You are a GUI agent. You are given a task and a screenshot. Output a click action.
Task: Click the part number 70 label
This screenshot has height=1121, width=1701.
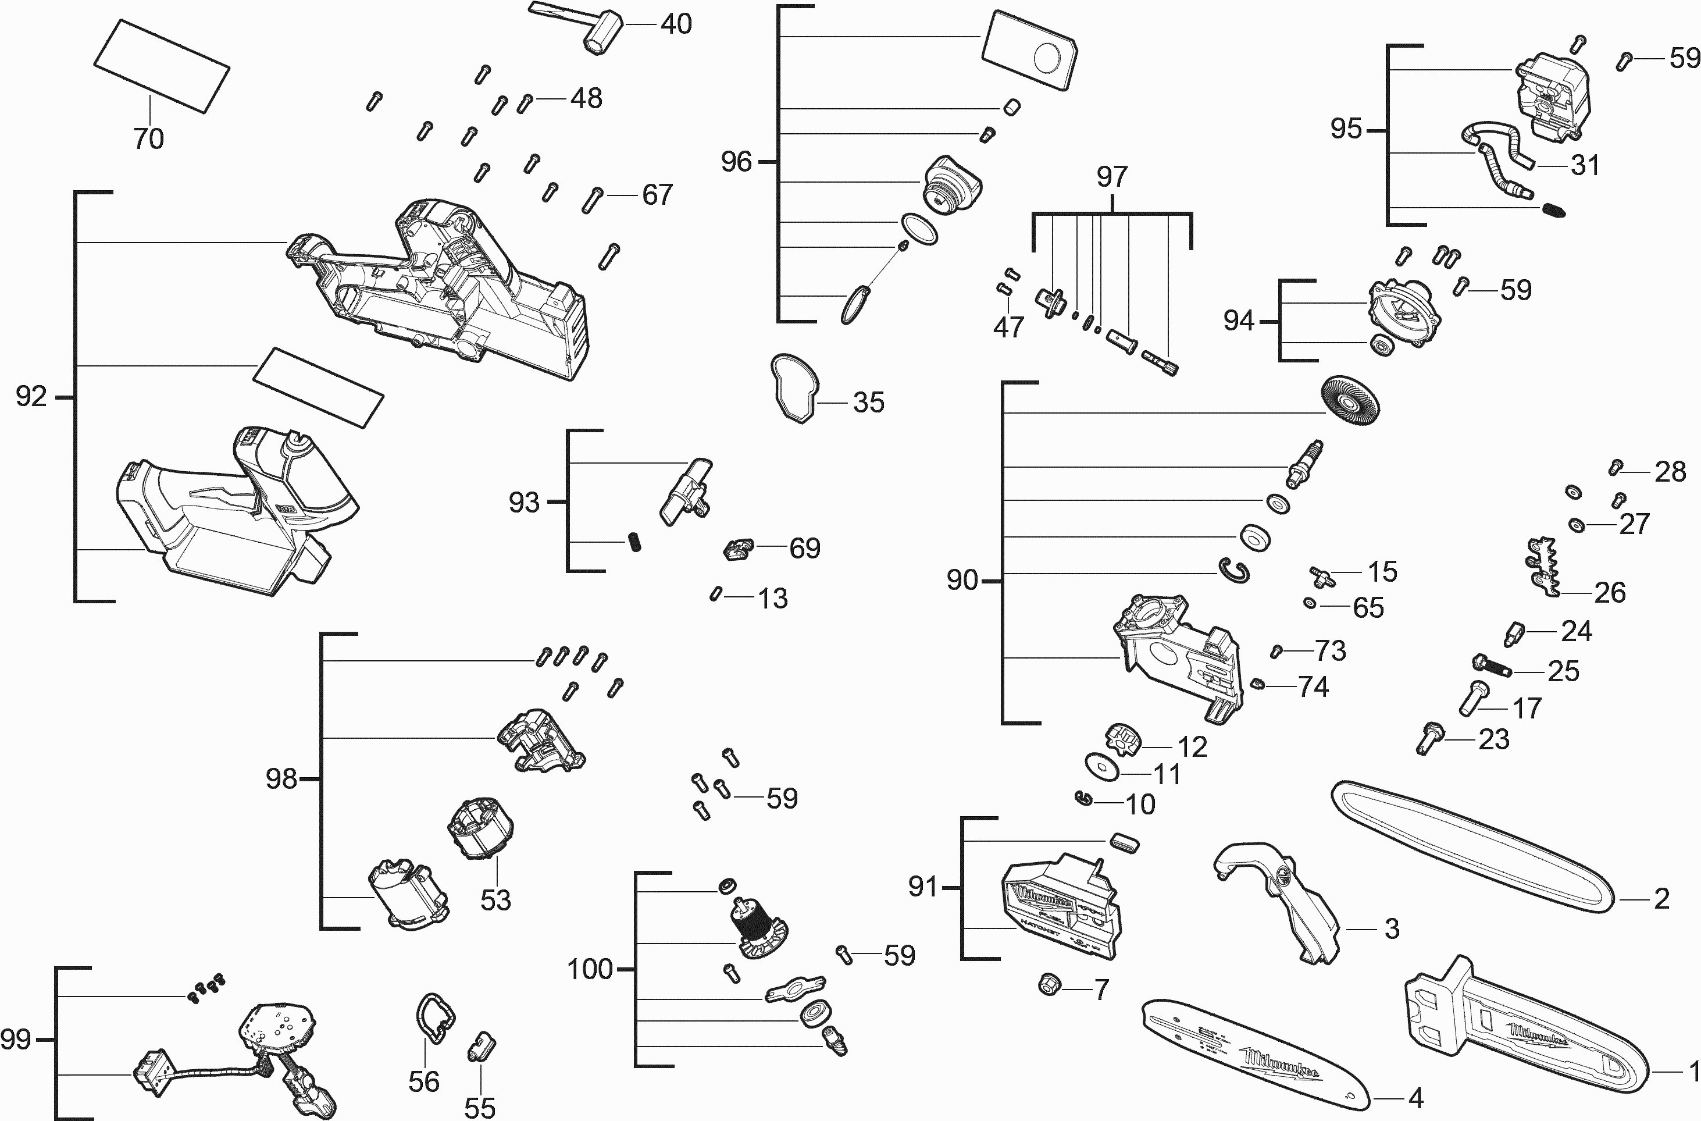(149, 138)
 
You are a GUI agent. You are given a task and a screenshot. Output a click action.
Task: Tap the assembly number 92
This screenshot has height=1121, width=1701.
(31, 396)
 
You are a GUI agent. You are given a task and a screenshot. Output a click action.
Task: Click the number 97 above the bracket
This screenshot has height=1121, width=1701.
(1112, 177)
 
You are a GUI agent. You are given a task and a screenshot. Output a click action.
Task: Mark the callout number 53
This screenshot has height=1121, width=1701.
(495, 899)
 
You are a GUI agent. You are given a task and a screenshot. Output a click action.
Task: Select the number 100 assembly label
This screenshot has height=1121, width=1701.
(590, 969)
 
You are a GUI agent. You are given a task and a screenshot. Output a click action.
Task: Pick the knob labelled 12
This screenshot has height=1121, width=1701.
(1123, 740)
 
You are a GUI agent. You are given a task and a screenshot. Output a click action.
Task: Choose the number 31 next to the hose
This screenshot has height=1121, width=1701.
(1585, 165)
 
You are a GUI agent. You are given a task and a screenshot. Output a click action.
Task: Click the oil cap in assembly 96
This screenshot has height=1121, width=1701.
(952, 184)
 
